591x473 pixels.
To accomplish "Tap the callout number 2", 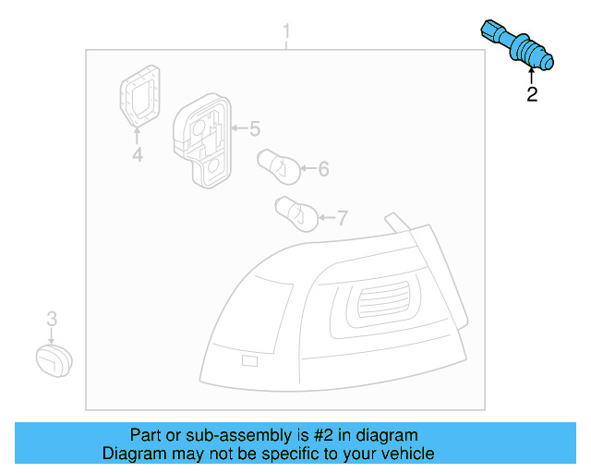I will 532,94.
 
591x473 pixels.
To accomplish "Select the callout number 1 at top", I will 286,33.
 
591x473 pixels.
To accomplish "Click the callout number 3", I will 52,319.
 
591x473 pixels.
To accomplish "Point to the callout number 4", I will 137,155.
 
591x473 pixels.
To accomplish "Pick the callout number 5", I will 255,128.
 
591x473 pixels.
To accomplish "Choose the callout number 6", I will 323,169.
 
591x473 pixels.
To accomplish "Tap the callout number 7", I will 342,219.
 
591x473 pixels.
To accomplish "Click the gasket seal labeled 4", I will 138,95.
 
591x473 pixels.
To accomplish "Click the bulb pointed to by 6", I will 277,164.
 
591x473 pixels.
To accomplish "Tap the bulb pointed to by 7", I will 297,213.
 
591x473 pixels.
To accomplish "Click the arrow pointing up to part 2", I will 531,76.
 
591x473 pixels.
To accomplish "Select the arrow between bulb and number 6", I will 307,169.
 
